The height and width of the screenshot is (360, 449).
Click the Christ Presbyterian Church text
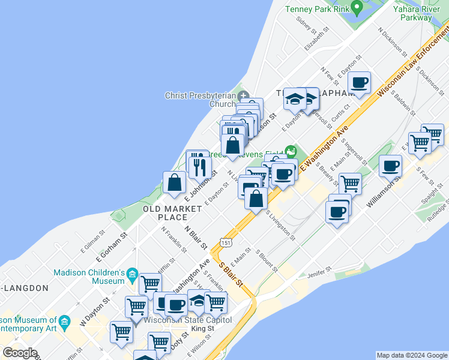click(200, 100)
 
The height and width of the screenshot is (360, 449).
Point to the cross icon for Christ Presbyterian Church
click(244, 95)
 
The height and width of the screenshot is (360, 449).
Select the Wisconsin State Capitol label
click(188, 320)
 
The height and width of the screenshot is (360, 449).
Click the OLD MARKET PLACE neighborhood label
click(172, 212)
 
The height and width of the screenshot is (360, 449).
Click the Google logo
click(20, 353)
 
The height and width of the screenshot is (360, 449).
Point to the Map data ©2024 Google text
click(412, 355)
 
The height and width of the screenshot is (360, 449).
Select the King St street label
click(203, 328)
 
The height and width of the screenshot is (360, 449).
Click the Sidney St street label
click(306, 25)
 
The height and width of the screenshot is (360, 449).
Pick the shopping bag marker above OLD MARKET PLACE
click(174, 182)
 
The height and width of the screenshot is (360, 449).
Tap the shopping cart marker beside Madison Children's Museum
click(150, 283)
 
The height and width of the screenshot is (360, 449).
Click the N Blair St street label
click(196, 237)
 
